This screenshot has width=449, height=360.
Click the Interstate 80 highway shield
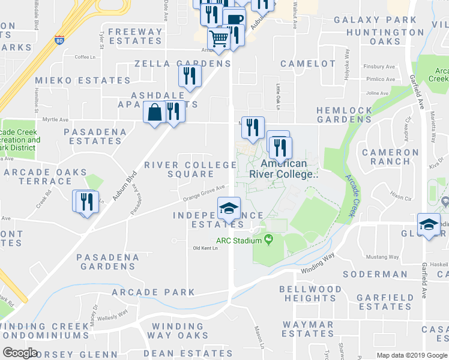(59, 40)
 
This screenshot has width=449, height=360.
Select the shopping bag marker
(154, 112)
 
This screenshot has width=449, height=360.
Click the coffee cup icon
(234, 18)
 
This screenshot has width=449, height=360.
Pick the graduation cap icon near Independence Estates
(229, 209)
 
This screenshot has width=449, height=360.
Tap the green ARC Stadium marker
(268, 241)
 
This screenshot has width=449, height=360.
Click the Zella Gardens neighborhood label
(182, 63)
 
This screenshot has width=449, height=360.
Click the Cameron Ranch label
(390, 157)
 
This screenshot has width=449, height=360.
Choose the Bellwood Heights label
(310, 293)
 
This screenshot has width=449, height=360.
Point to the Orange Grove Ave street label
(204, 193)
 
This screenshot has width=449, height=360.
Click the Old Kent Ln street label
(205, 248)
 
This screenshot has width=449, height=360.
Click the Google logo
(20, 353)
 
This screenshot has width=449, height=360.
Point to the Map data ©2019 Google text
(411, 355)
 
